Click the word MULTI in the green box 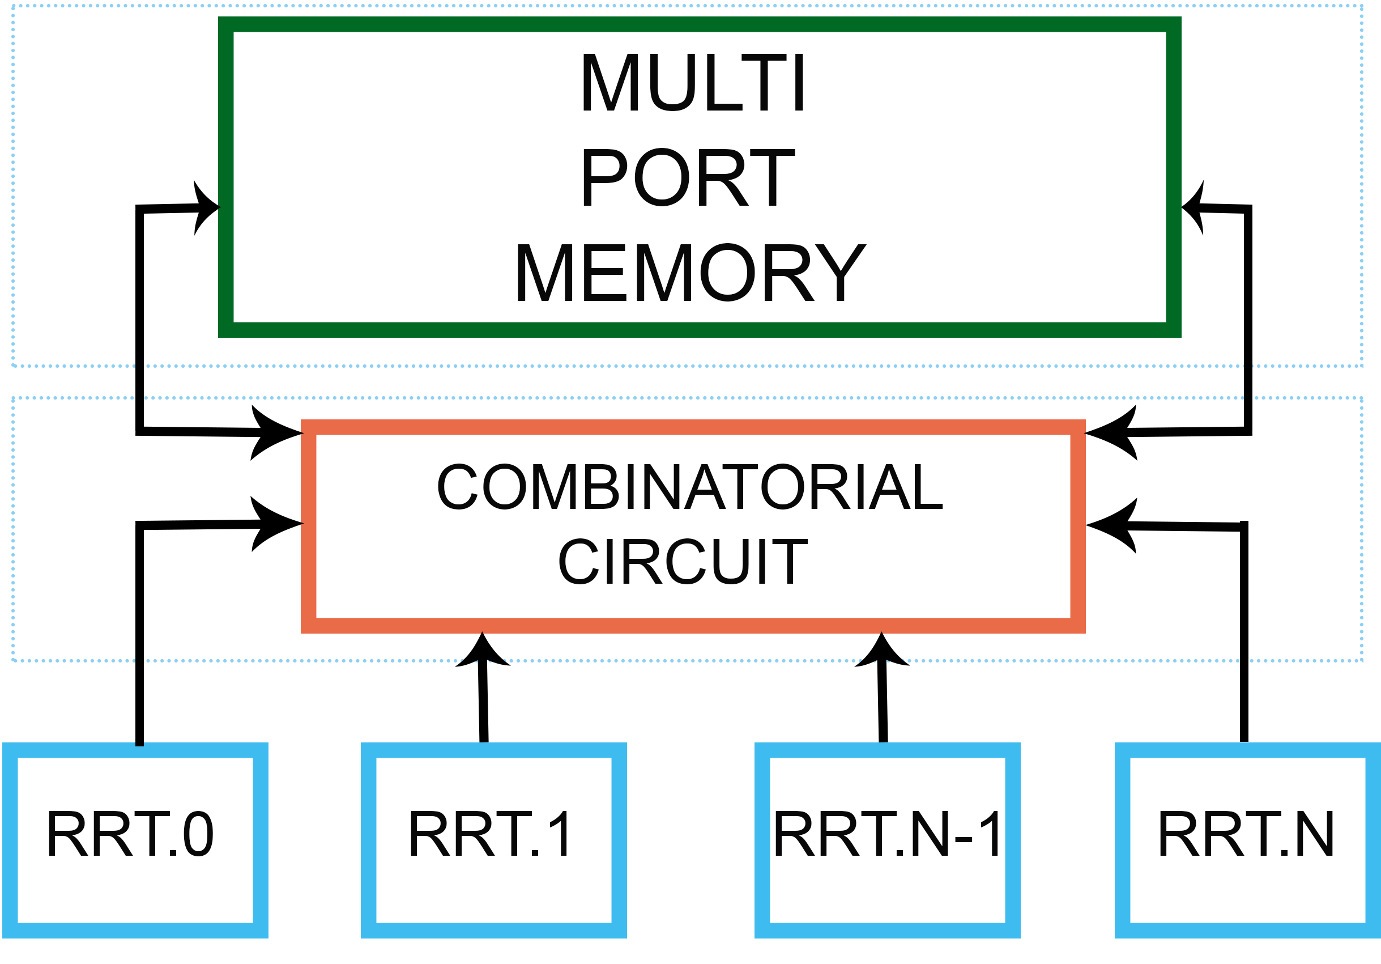coord(692,82)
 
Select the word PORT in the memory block coord(688,177)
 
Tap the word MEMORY coord(690,272)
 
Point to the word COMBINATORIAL coord(690,486)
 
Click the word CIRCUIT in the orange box coord(683,562)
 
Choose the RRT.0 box coord(135,840)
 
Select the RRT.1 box coord(494,840)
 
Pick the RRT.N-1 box coord(888,840)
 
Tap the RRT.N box coord(1248,840)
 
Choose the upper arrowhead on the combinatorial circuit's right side coord(1111,432)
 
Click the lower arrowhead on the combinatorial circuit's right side coord(1111,525)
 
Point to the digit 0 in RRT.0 coord(198,834)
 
